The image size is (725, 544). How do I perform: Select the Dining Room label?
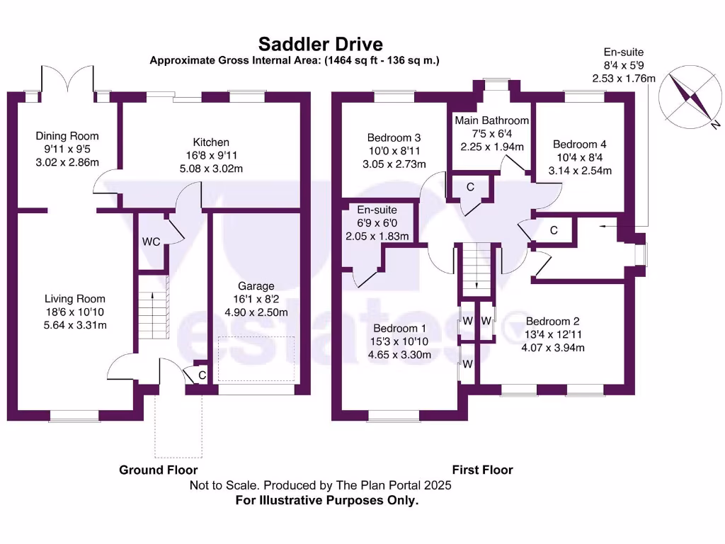point(67,136)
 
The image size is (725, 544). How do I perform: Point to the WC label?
point(151,242)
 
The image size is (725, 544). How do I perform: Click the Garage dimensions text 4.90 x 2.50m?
point(256,312)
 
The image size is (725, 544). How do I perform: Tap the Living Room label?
point(75,299)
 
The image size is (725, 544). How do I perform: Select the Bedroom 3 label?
point(394,138)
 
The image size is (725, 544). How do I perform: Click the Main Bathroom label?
point(491,120)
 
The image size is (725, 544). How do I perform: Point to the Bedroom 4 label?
point(579,144)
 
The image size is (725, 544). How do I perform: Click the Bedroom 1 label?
point(400,329)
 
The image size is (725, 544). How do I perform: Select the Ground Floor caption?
point(158,470)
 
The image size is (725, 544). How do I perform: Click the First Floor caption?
point(482,470)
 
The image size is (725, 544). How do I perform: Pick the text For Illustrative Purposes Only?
point(326,500)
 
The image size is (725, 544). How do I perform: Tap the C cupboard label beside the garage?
point(202,375)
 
